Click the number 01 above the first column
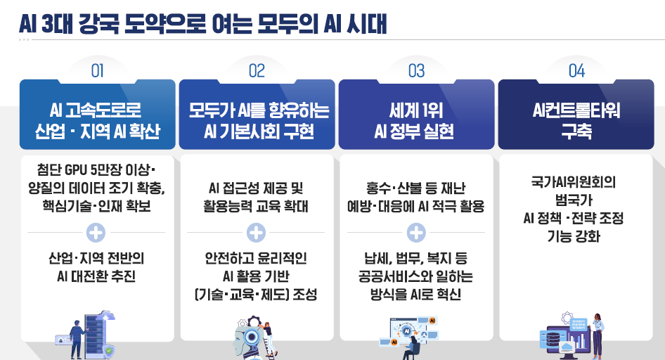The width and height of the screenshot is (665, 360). point(97,70)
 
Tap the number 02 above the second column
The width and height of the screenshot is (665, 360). point(257,70)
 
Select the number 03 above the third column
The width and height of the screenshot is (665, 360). point(416,70)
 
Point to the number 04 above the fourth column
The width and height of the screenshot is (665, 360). point(576,70)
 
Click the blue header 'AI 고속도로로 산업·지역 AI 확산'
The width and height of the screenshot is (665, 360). point(97,120)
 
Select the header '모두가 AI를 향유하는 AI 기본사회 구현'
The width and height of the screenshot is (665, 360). point(257,120)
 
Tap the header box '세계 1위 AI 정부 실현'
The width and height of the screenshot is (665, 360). point(416,120)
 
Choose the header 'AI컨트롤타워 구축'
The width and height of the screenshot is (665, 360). point(576,120)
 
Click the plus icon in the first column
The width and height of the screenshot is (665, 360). point(97,232)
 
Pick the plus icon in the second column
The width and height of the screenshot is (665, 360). point(257,232)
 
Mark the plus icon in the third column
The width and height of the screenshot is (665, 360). point(416,232)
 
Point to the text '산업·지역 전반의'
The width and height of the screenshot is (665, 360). point(97,257)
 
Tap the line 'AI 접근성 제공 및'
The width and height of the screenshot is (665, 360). point(257,188)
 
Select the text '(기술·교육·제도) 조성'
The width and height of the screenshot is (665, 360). point(257,294)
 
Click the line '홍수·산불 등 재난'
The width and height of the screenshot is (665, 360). point(416,188)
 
